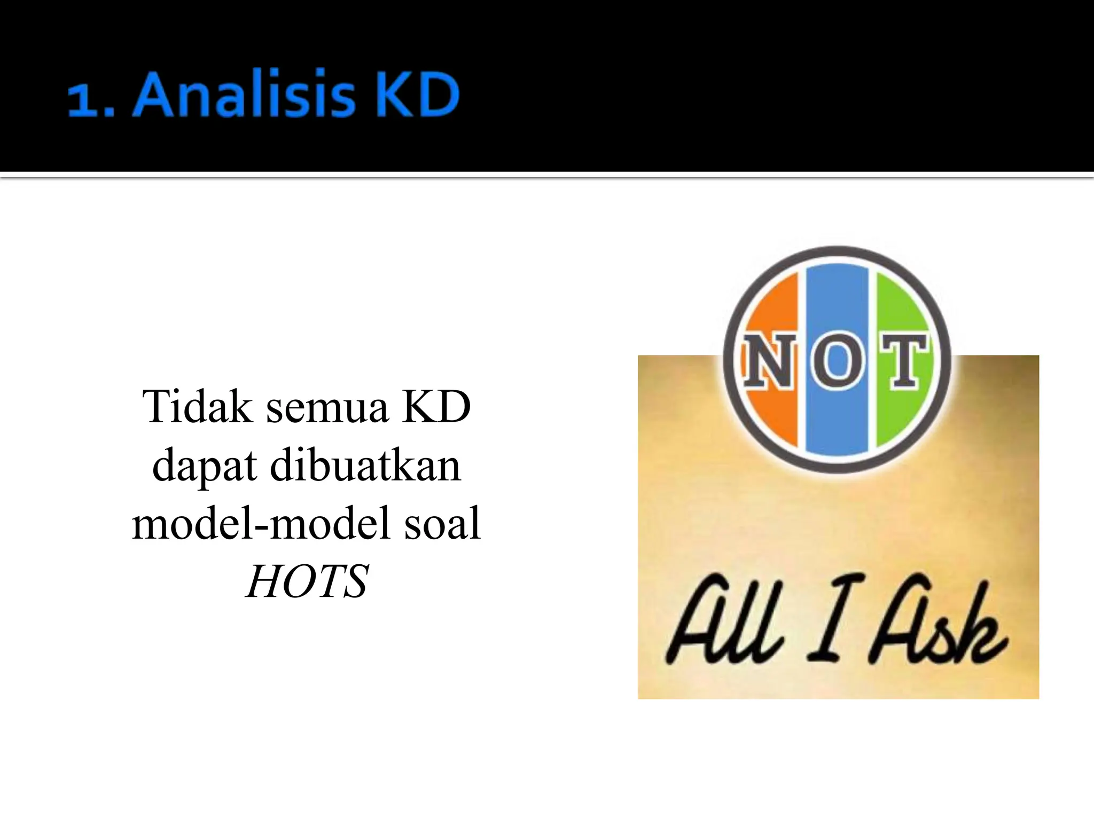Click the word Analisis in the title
point(243,95)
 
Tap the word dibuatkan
point(365,466)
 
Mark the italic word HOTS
point(307,581)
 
